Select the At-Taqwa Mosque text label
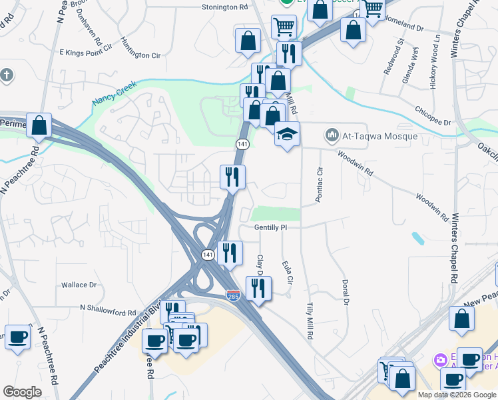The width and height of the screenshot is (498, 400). pos(380,137)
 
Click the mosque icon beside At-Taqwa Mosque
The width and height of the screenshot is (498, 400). pos(332,137)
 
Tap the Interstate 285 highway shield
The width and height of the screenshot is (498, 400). pos(233,294)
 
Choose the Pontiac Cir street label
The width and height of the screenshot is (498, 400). pos(319,183)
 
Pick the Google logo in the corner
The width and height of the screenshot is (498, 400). pos(22,392)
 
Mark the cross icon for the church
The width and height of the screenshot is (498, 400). pos(6,75)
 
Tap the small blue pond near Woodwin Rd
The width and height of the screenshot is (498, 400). pos(417,238)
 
